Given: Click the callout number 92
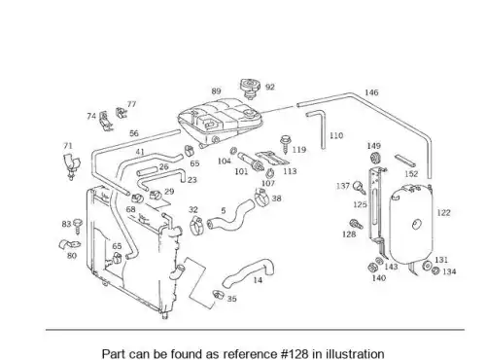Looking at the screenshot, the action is [270, 87].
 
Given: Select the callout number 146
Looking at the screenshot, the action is [371, 92].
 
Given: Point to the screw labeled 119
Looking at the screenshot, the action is [286, 144].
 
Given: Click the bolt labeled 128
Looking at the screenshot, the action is [356, 224].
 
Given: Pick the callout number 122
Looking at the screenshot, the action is [443, 213].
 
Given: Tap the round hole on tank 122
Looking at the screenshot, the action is [416, 224].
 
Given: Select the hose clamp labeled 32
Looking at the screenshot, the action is [196, 226].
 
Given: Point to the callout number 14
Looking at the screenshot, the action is [258, 280].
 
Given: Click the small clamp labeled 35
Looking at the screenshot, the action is [219, 295].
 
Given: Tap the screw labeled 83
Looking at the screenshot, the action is [78, 226].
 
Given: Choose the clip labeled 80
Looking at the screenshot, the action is [69, 245].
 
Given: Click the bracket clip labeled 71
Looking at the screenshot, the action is [71, 165].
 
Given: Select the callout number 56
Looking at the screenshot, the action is [134, 133].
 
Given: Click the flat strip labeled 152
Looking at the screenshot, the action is [405, 161].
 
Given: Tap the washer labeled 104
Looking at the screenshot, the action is [233, 151].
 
